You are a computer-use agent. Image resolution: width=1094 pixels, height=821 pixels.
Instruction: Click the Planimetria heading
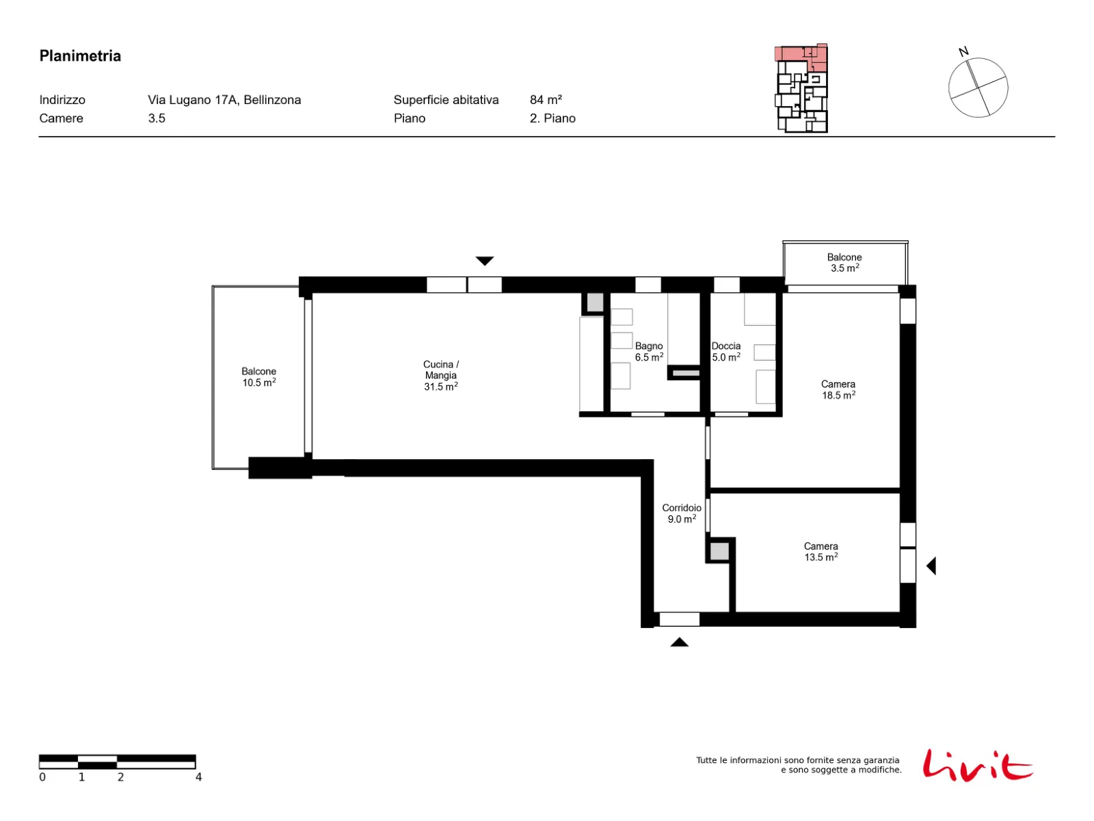tap(80, 56)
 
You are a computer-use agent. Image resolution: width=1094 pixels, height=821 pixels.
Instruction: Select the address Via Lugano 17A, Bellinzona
tap(224, 100)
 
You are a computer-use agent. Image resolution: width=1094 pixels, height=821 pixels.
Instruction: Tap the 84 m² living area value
tap(546, 100)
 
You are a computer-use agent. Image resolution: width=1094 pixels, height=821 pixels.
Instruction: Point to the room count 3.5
tap(157, 118)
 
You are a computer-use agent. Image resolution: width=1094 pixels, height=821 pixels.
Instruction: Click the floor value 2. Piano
tap(552, 118)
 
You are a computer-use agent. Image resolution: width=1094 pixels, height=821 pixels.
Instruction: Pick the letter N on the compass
tap(963, 51)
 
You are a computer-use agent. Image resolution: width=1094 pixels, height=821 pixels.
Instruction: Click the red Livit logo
tap(977, 765)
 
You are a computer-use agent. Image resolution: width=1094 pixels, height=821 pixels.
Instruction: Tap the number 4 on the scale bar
tap(198, 777)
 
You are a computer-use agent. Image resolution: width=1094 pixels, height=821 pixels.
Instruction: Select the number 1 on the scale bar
tap(81, 777)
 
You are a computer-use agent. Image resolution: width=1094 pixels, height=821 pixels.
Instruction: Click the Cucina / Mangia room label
tap(440, 376)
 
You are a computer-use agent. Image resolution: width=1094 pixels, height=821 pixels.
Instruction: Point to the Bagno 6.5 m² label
tap(649, 352)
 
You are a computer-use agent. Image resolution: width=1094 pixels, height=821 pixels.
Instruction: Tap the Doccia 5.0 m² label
tap(725, 352)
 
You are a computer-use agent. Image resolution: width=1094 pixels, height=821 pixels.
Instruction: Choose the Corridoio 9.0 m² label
tap(681, 513)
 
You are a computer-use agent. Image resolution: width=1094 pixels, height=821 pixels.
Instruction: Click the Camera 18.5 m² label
tap(838, 390)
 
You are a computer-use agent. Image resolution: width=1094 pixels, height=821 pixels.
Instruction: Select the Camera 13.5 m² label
tap(821, 552)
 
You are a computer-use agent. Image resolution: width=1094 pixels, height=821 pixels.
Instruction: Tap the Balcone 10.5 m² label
tap(258, 377)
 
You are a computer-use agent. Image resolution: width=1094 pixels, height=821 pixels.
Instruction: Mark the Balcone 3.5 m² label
tap(844, 263)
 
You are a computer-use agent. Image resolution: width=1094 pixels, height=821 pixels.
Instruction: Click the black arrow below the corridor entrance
tap(680, 642)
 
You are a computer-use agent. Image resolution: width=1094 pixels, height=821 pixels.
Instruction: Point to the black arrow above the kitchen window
tap(485, 261)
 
